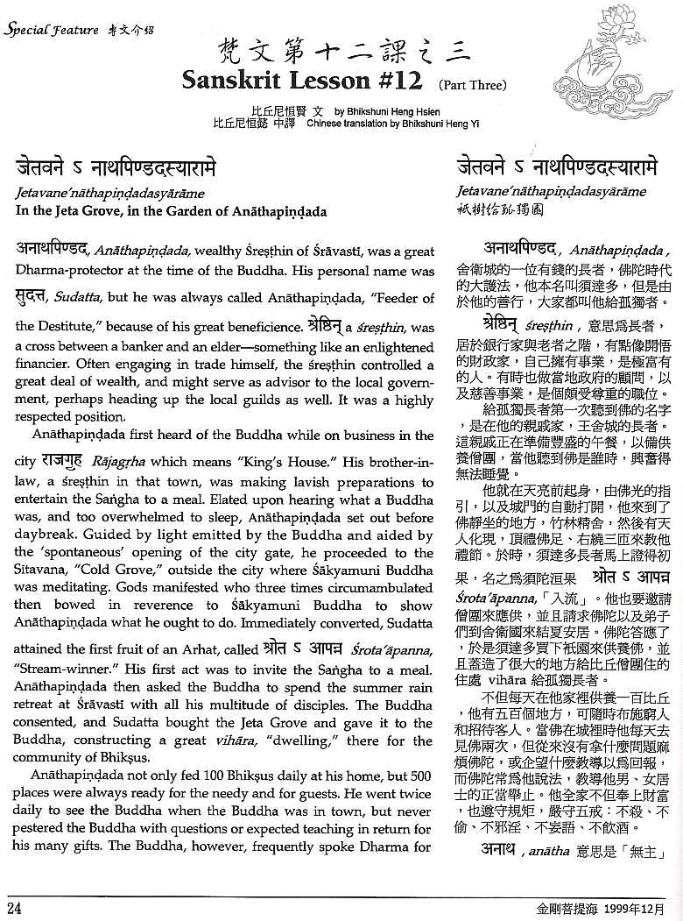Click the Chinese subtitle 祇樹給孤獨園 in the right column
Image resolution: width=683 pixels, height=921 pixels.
coord(494,208)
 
